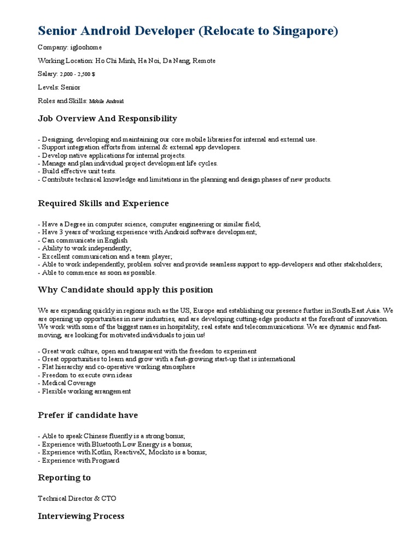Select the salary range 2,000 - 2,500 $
coord(81,74)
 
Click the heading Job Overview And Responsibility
coord(107,119)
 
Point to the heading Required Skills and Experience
coord(103,203)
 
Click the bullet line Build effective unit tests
coord(79,171)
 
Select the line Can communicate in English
coord(83,241)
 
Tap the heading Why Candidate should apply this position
coord(125,290)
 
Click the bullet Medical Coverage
coord(69,383)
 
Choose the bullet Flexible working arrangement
coord(85,392)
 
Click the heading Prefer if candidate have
coord(87,415)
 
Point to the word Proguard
coord(103,460)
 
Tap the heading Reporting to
coord(65,478)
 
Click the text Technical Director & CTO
coord(77,499)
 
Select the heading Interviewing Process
coord(81,516)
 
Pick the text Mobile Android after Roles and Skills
coord(106,101)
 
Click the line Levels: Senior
coord(59,87)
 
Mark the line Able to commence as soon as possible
coord(97,272)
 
